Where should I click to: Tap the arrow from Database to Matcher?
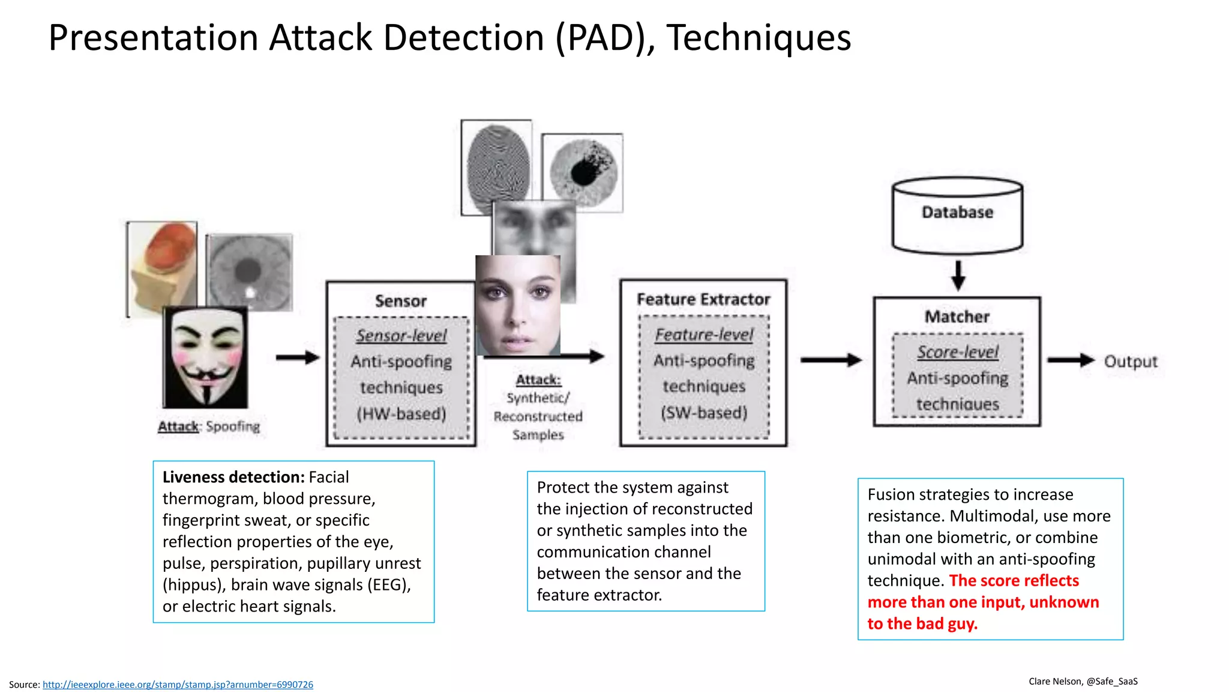pos(958,275)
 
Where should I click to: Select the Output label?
pos(1131,362)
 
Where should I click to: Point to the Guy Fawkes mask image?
pos(206,357)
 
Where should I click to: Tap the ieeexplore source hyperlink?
pos(178,685)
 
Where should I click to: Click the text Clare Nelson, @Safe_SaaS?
pos(1083,681)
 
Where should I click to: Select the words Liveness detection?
pos(233,477)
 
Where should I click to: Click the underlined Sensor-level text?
pos(401,336)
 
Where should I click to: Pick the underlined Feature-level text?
pos(704,335)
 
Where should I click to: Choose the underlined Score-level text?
pos(957,352)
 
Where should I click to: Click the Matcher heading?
pos(957,317)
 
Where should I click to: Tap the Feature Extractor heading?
pos(703,299)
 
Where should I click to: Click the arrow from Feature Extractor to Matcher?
pos(831,360)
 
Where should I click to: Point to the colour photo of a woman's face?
pos(517,305)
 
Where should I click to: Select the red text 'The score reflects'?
pos(1014,581)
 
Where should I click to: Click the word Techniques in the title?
pos(759,38)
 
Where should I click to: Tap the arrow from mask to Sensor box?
pos(298,357)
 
